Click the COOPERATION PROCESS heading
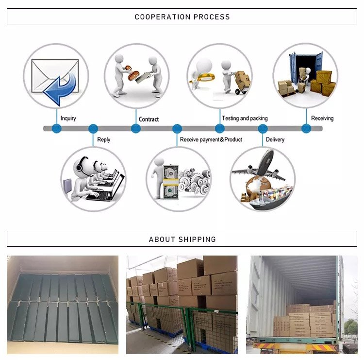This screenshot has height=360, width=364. (x=182, y=17)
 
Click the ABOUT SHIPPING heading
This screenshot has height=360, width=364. (x=182, y=239)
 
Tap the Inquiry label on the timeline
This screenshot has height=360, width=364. (x=68, y=118)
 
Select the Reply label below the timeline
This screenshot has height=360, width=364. (x=104, y=139)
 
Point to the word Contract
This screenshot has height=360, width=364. (x=149, y=119)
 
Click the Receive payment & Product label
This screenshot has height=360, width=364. (x=211, y=139)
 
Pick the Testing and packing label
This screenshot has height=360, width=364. (x=245, y=118)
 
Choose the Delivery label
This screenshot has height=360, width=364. (x=275, y=139)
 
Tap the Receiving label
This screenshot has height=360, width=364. (x=322, y=118)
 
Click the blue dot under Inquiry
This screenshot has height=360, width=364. (x=57, y=129)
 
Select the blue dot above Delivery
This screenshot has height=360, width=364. (x=263, y=129)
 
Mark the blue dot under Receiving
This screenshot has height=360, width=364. (x=306, y=129)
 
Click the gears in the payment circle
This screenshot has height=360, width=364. (x=194, y=180)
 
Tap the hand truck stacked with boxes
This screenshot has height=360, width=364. (x=240, y=83)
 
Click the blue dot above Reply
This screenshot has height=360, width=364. (x=93, y=129)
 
